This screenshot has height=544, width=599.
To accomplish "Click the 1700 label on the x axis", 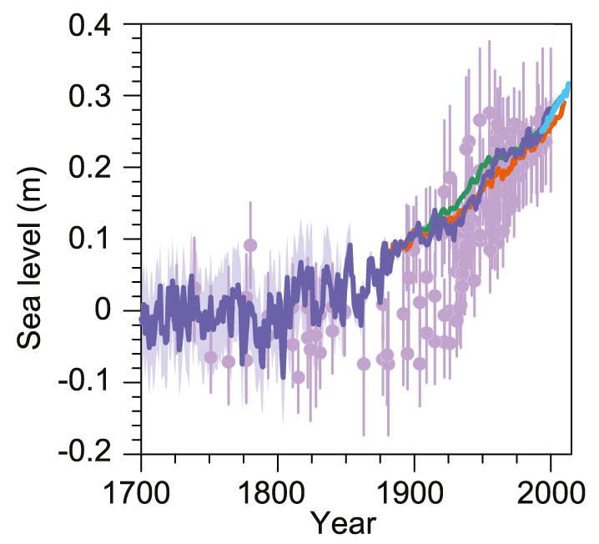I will pyautogui.click(x=141, y=486).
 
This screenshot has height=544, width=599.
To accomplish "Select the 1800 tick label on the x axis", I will pyautogui.click(x=277, y=486).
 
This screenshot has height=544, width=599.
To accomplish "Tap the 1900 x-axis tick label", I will pyautogui.click(x=414, y=486).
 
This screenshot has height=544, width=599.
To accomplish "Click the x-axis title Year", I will pyautogui.click(x=344, y=523).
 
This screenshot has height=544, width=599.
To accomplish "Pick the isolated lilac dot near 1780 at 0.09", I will pyautogui.click(x=249, y=245).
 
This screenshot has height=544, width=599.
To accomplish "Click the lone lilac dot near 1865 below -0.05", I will pyautogui.click(x=364, y=363).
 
